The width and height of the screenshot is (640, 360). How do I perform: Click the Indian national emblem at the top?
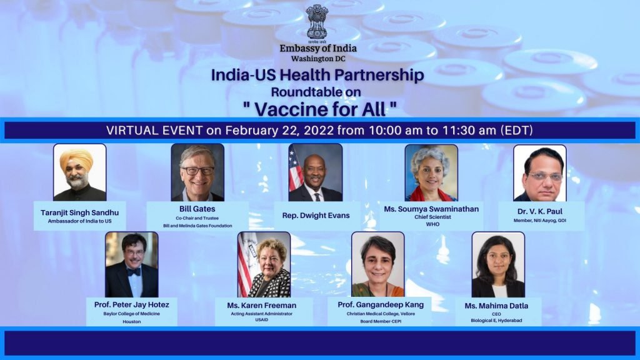[317, 23]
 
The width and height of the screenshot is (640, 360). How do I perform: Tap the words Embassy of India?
[318, 48]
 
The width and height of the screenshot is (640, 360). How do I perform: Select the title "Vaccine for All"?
[319, 109]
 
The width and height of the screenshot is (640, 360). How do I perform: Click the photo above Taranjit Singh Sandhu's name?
[79, 172]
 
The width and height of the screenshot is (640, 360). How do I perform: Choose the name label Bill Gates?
[197, 209]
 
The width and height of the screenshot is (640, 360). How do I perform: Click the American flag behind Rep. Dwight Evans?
[296, 169]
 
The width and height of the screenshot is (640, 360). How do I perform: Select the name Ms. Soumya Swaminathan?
[431, 209]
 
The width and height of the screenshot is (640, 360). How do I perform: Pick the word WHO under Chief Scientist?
[432, 224]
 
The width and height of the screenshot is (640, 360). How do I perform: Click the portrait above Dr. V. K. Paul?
[539, 173]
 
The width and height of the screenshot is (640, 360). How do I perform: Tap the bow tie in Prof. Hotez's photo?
[133, 271]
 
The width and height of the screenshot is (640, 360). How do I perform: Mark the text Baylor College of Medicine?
[131, 314]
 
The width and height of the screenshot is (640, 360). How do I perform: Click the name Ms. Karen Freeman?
[262, 305]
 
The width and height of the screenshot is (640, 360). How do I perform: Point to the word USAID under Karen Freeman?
[262, 320]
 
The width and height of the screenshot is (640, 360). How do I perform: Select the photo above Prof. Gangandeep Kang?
[378, 264]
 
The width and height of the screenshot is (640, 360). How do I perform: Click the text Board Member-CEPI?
[381, 322]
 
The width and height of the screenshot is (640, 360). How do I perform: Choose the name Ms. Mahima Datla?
[496, 306]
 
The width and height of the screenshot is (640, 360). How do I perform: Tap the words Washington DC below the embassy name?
[318, 59]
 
